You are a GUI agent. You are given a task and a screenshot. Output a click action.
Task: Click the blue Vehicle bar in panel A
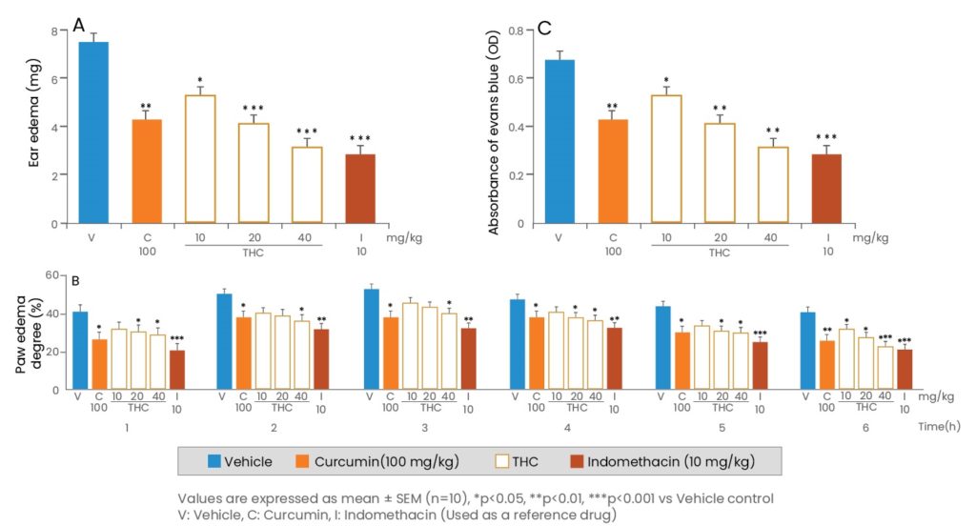tap(93, 132)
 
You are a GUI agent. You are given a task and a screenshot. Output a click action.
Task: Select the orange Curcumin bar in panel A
tap(146, 172)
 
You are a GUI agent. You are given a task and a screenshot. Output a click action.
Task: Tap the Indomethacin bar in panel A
tap(361, 189)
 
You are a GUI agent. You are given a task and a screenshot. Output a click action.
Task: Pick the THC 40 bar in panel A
tap(307, 185)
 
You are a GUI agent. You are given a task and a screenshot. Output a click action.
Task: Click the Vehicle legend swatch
tap(216, 461)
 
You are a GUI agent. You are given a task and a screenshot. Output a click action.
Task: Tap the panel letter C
tap(544, 28)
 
